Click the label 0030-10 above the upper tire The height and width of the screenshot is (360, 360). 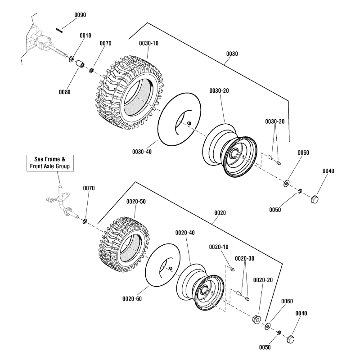pos(148,43)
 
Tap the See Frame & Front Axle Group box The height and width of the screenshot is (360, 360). pos(50,163)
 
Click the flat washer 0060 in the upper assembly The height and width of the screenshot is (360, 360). pos(286,184)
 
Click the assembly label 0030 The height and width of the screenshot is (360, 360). pos(232,54)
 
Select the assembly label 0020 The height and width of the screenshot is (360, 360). pos(220,212)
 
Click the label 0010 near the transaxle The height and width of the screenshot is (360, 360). pos(85,35)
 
